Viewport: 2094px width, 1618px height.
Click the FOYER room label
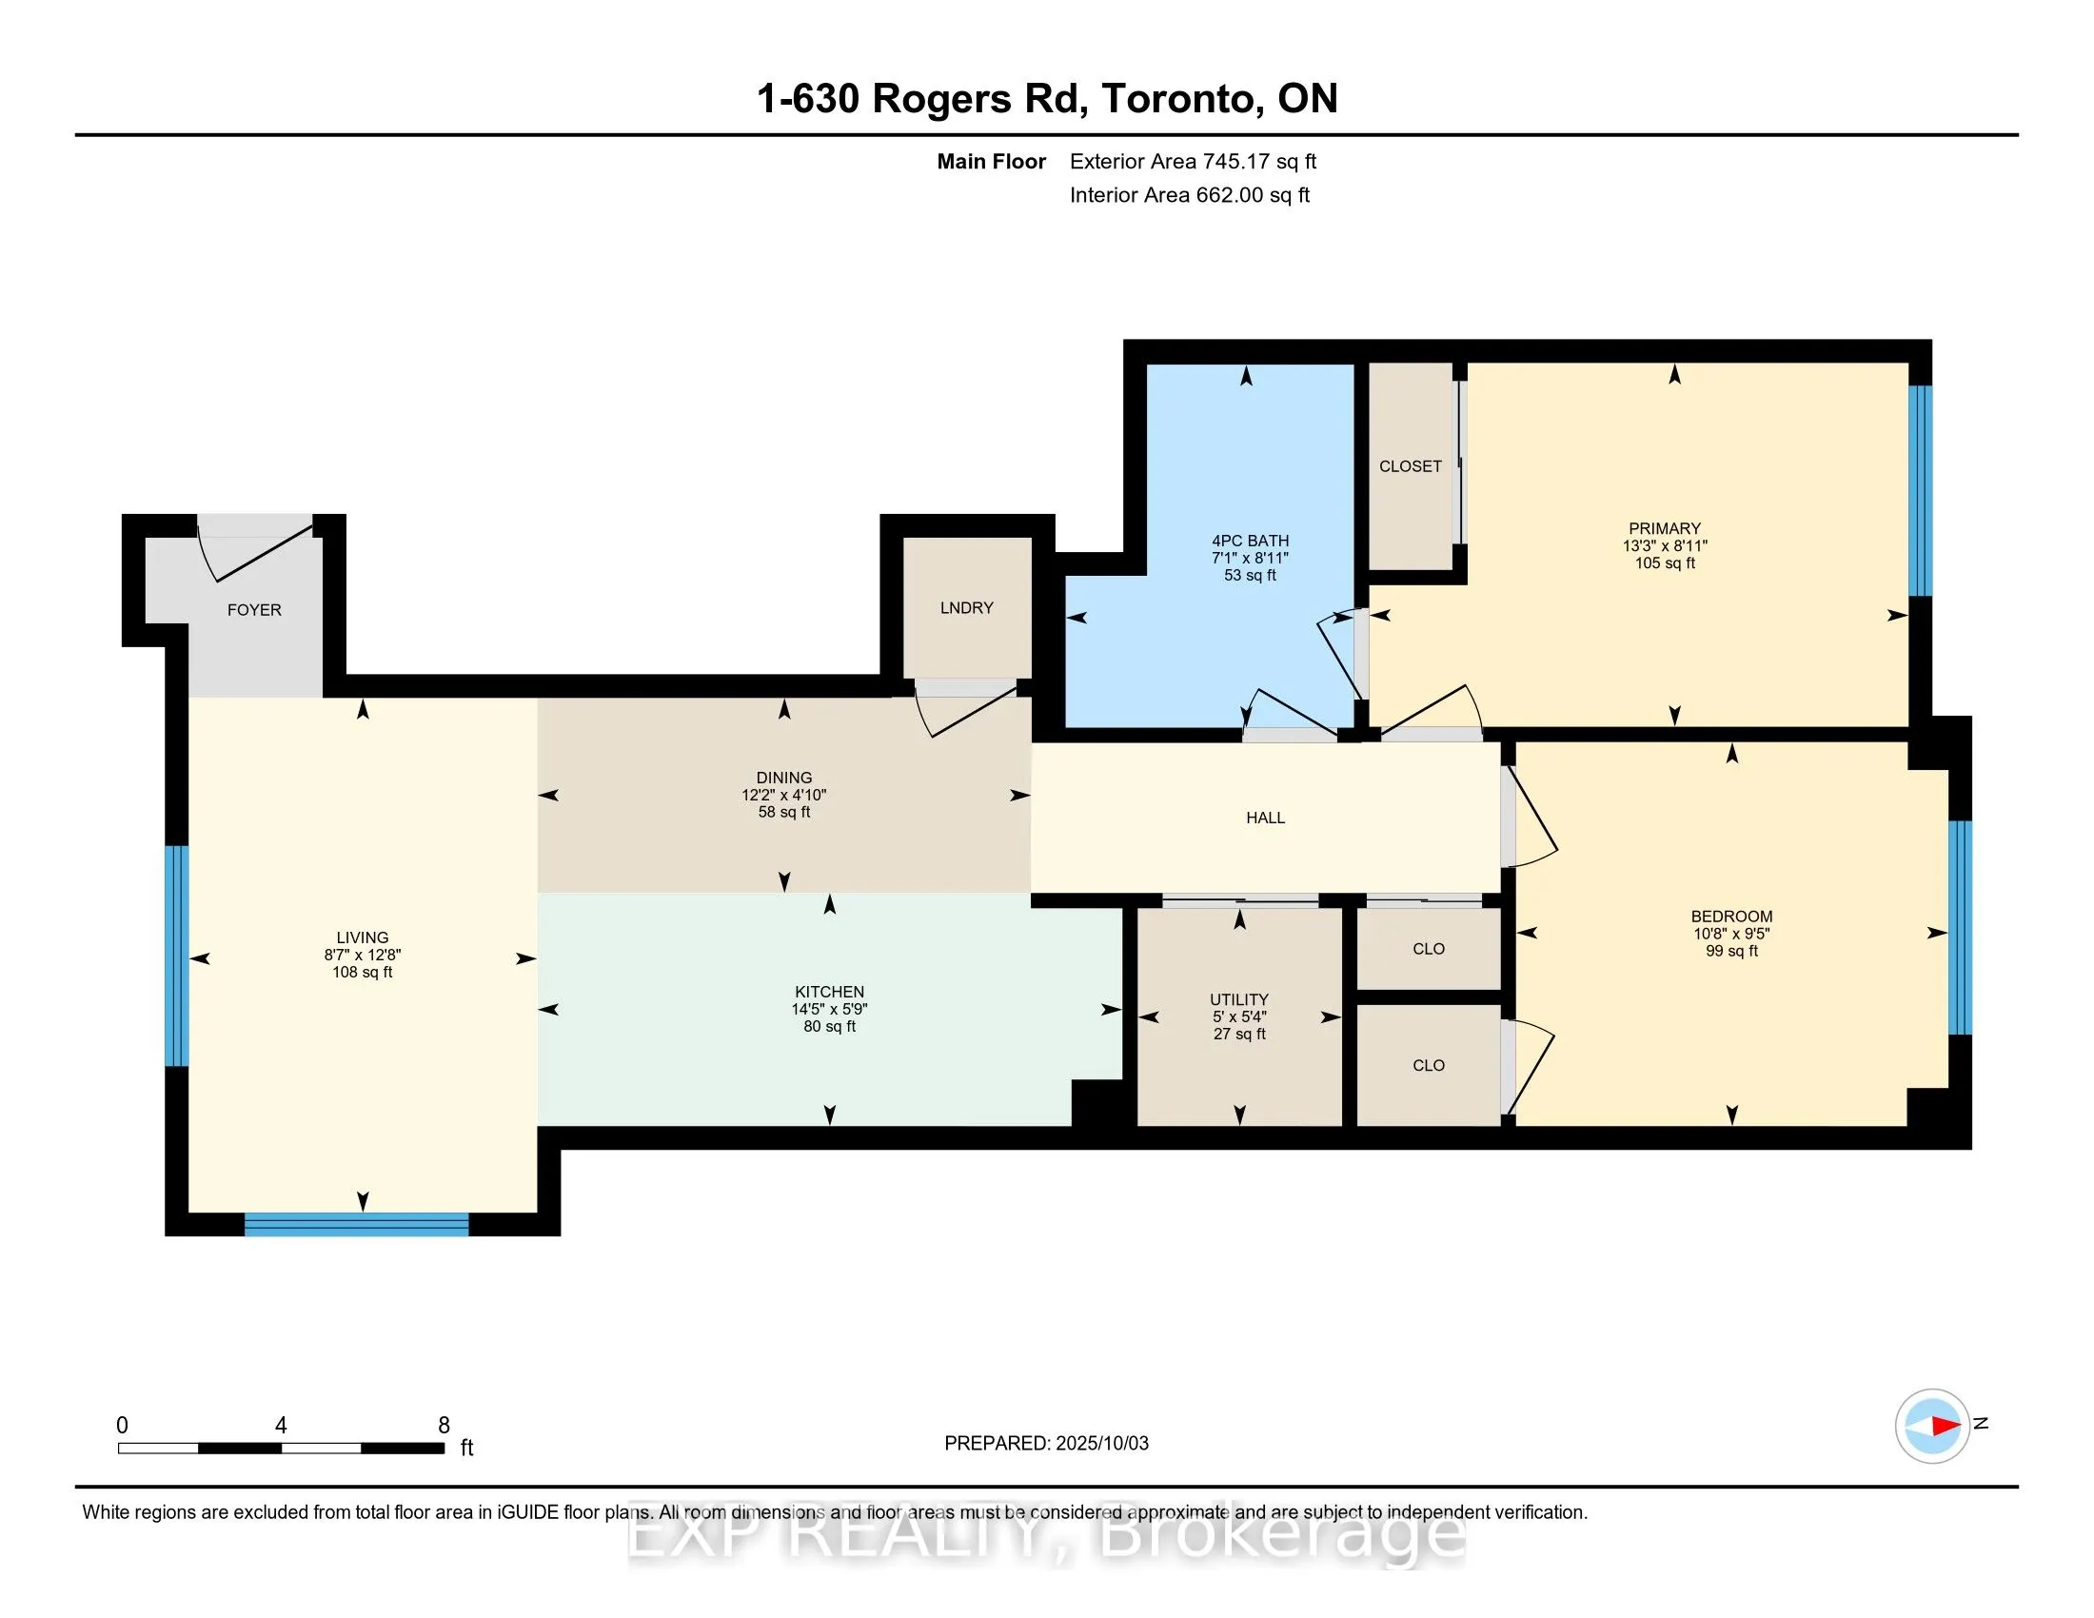[254, 610]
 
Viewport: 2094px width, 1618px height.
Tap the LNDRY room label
[966, 608]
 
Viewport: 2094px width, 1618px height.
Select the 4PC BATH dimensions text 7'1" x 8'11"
[1250, 558]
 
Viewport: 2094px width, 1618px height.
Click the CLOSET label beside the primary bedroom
[1410, 466]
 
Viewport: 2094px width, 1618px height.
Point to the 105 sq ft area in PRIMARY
[1665, 563]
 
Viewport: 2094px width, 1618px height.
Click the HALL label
[1265, 818]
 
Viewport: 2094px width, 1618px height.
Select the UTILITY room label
[1238, 998]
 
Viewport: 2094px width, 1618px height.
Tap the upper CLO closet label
[1428, 949]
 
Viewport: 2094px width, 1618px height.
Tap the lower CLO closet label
[1428, 1066]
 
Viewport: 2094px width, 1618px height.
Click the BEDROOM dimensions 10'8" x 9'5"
[1730, 934]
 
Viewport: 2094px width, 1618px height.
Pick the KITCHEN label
[829, 992]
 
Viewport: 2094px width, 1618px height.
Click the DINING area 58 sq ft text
[783, 812]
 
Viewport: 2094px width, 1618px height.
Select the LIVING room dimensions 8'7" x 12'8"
[363, 955]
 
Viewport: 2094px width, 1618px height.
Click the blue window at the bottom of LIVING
[356, 1224]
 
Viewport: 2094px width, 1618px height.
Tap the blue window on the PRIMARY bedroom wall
[1920, 491]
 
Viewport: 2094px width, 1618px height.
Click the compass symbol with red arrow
[1931, 1426]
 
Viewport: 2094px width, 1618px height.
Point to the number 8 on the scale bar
[444, 1426]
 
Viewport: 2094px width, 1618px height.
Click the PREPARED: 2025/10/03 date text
[1046, 1444]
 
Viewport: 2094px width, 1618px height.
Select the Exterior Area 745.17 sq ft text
[1193, 162]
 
